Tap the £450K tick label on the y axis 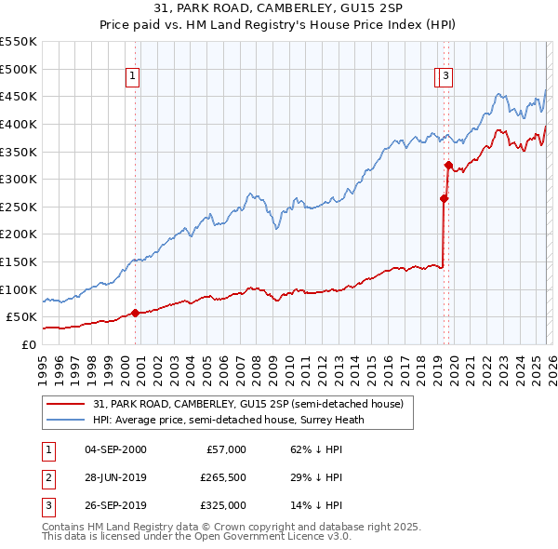19,97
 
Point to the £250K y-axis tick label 19,207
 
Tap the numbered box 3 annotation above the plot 446,77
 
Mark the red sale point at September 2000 136,313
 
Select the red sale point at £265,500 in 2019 445,198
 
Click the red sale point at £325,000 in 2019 448,166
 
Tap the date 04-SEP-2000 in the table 115,449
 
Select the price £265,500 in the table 222,477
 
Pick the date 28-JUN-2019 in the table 115,477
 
